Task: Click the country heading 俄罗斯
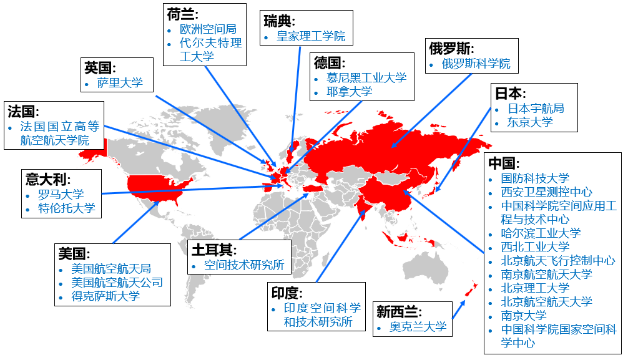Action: [451, 49]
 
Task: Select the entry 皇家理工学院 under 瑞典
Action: [311, 36]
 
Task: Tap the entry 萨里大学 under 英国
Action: [120, 82]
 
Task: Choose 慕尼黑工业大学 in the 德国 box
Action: [366, 77]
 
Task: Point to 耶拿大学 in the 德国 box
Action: [350, 91]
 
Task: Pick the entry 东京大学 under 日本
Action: [530, 122]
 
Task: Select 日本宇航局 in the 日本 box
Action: [536, 108]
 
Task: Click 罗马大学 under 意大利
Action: [61, 194]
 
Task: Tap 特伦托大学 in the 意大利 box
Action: [67, 208]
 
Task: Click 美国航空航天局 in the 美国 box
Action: [111, 269]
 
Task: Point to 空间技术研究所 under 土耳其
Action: [244, 265]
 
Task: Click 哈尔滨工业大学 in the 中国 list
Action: [541, 233]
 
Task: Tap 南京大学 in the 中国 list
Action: [524, 315]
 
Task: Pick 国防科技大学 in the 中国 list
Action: [535, 178]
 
